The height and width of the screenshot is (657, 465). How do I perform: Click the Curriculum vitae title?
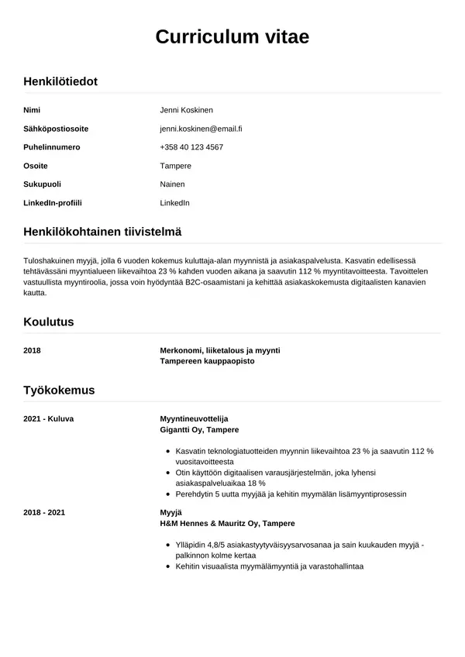point(232,36)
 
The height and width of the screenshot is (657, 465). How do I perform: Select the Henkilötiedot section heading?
point(60,81)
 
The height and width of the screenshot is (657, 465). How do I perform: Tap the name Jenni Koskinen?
point(186,110)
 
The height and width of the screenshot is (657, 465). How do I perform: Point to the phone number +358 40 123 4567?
point(191,147)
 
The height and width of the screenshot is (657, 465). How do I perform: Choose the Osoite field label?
point(36,166)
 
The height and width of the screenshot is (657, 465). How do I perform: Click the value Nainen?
point(172,184)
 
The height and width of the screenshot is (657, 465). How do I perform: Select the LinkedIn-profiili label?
point(53,203)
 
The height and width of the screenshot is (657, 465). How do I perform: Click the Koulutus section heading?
point(49,322)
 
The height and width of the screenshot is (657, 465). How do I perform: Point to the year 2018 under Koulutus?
point(32,350)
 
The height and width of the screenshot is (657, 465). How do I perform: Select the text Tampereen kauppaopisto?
point(207,361)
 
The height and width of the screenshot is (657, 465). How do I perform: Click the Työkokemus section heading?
point(59,390)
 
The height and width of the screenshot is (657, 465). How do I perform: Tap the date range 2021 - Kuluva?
point(49,418)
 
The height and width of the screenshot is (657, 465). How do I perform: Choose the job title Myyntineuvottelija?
point(194,418)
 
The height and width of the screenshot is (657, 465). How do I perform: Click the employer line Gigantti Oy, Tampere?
point(199,429)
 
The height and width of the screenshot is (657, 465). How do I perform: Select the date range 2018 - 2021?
point(44,513)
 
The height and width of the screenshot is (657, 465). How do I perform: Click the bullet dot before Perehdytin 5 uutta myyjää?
point(169,494)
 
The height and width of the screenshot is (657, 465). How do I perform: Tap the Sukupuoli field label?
point(43,184)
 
